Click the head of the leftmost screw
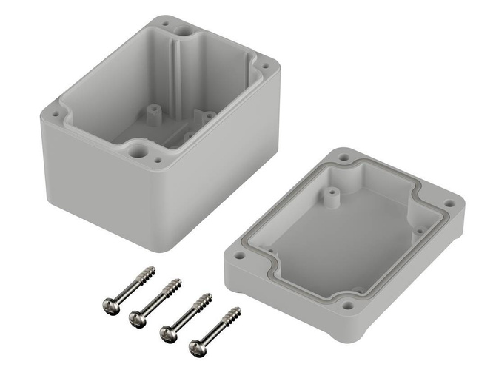(x=109, y=303)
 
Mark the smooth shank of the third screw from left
(x=185, y=316)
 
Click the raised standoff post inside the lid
(x=329, y=196)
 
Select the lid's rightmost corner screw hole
(x=449, y=203)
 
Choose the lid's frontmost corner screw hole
(x=349, y=304)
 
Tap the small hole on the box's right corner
(x=265, y=75)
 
